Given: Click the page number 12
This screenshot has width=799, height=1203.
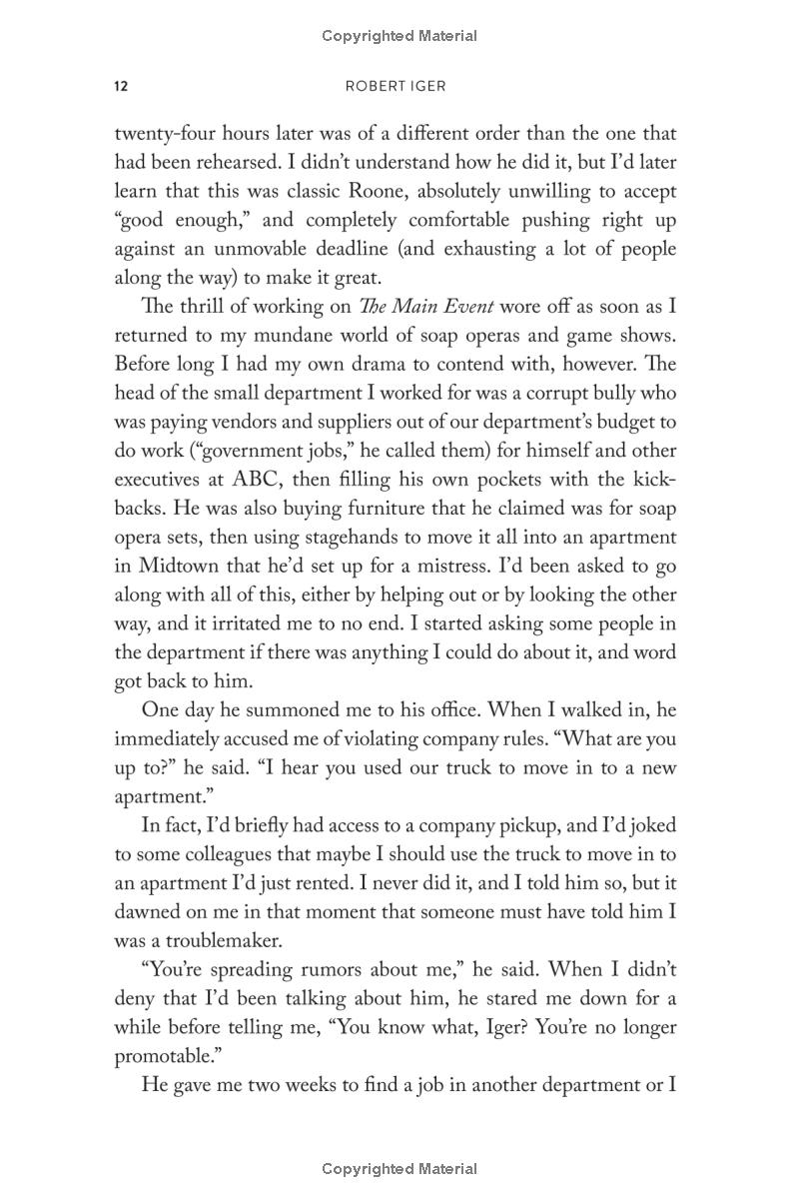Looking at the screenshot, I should pos(121,86).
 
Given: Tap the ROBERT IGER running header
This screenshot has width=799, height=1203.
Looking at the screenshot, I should pos(396,86).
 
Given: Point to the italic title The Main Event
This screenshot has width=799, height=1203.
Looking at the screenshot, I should pos(444,307).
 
